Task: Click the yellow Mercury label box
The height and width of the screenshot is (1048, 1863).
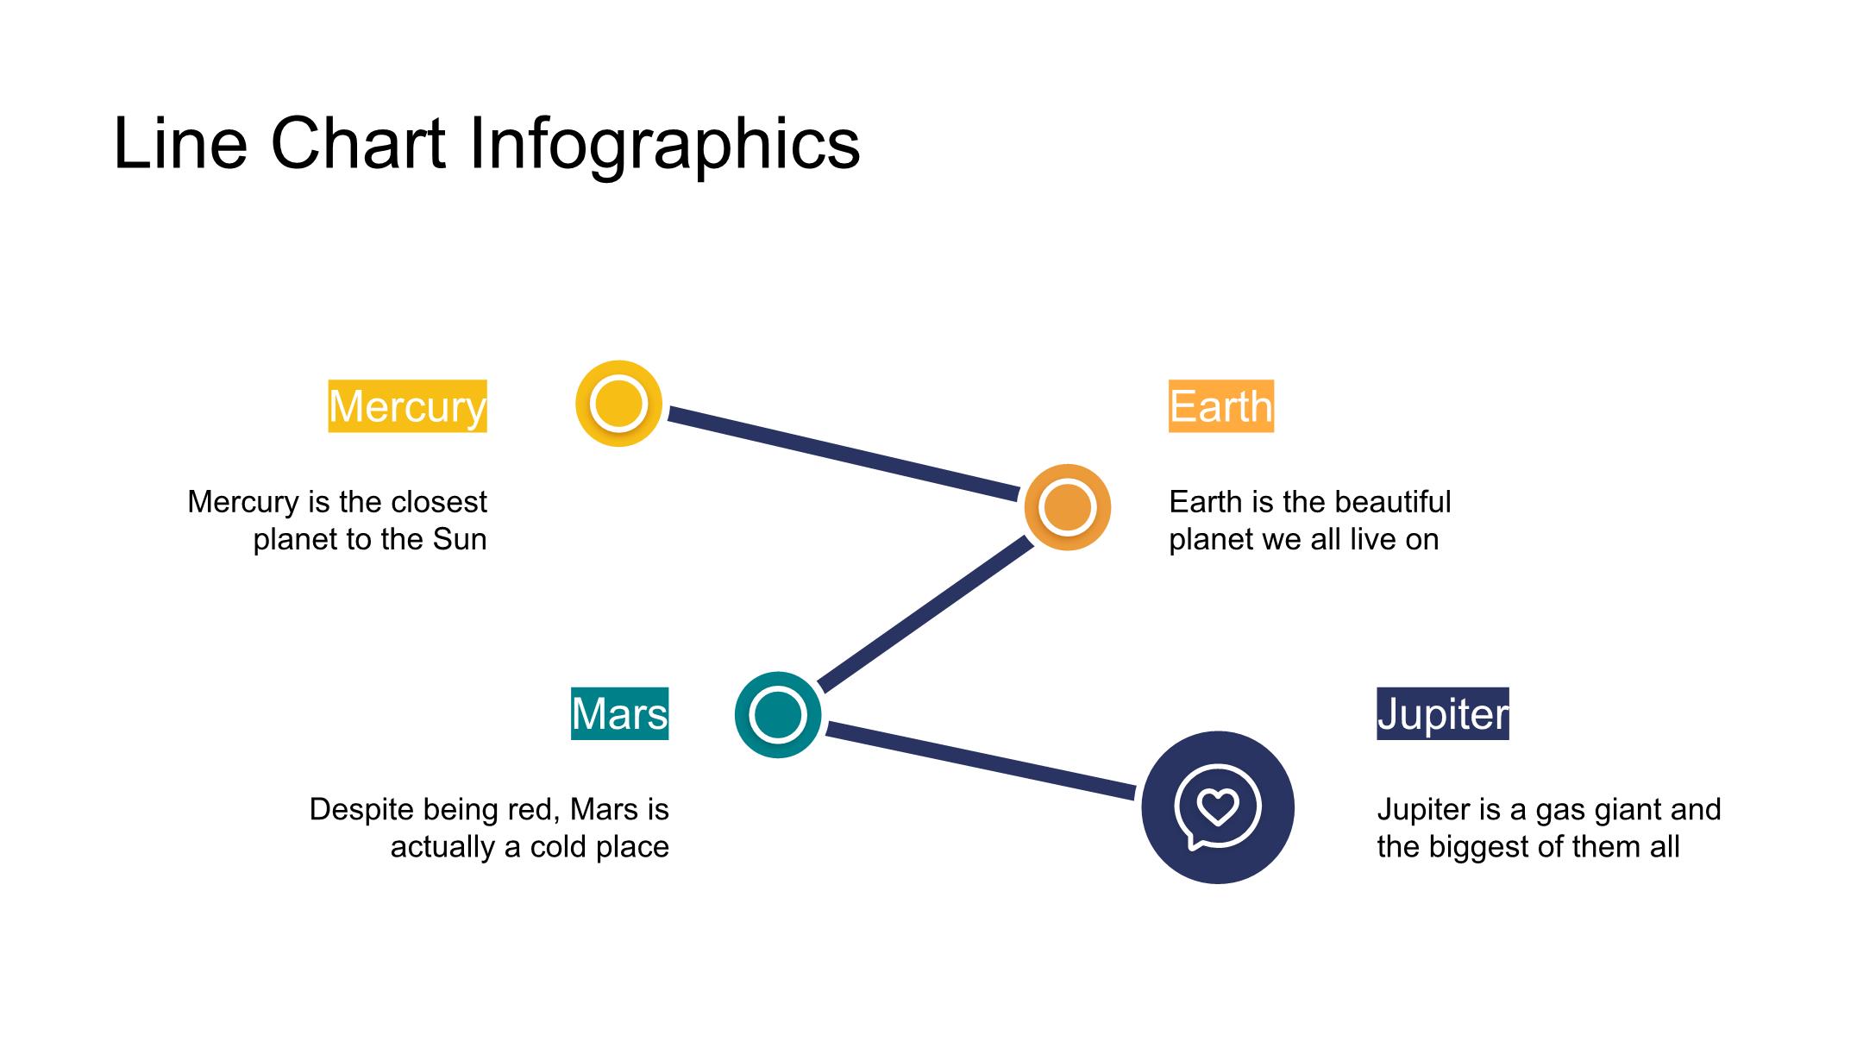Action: pyautogui.click(x=407, y=405)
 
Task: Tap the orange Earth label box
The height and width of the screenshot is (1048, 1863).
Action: pyautogui.click(x=1220, y=405)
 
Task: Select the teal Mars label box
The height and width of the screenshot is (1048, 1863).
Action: pyautogui.click(x=619, y=713)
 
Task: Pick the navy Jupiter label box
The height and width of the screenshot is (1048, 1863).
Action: pyautogui.click(x=1443, y=713)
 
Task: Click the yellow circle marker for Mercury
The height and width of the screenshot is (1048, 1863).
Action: pyautogui.click(x=618, y=404)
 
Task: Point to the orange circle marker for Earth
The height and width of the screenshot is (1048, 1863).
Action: pyautogui.click(x=1068, y=507)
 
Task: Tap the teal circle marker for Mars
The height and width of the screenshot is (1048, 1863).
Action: pyautogui.click(x=778, y=715)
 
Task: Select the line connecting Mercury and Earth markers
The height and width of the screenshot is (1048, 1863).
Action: pyautogui.click(x=844, y=454)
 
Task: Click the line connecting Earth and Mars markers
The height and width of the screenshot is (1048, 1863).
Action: pyautogui.click(x=925, y=614)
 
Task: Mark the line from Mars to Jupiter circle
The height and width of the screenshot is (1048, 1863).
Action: pyautogui.click(x=981, y=762)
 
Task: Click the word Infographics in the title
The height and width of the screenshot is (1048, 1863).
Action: pyautogui.click(x=664, y=144)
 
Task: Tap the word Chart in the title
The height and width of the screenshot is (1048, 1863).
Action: pyautogui.click(x=358, y=143)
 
